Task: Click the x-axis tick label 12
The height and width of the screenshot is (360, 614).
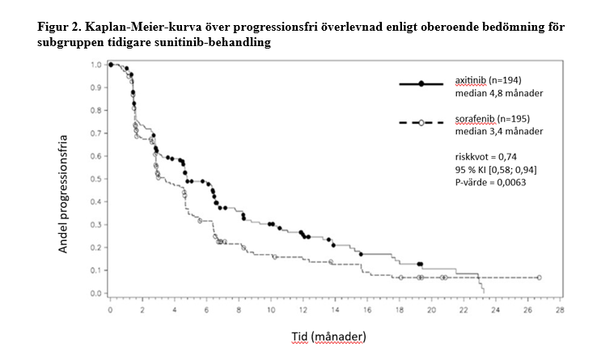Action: click(303, 310)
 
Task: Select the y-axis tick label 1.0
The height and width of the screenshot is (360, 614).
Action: click(95, 64)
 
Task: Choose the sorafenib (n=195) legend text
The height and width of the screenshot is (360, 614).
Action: click(491, 119)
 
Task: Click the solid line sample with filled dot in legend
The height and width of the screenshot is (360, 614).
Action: click(421, 84)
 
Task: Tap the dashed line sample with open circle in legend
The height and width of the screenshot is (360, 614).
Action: click(421, 122)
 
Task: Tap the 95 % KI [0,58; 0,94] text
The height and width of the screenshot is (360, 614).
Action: click(494, 170)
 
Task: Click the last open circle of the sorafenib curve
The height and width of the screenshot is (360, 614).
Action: click(540, 277)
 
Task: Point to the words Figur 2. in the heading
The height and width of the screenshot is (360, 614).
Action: click(62, 27)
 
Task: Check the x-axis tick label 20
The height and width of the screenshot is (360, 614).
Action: click(430, 310)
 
